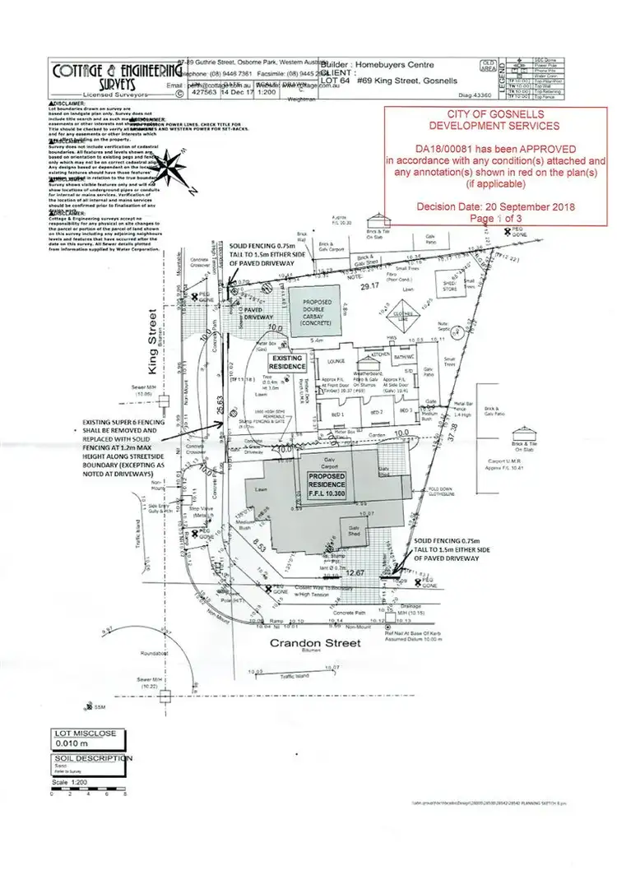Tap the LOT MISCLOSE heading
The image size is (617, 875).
[86, 733]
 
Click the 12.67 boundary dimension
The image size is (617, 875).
[355, 573]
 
